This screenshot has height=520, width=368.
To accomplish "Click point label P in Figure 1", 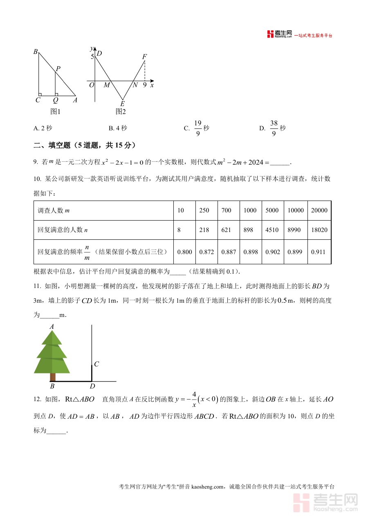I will (58, 69).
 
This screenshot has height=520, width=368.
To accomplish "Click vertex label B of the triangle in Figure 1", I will (36, 52).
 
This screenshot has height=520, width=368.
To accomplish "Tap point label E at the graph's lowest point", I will (122, 104).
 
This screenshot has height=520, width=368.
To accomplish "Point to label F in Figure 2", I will (144, 57).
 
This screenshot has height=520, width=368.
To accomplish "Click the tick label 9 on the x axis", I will (145, 85).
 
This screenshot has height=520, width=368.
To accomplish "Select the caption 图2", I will (120, 112).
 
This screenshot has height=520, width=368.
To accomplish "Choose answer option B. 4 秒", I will (118, 128).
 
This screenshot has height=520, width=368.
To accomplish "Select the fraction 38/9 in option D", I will (274, 128).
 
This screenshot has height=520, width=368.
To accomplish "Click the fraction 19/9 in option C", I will (198, 128).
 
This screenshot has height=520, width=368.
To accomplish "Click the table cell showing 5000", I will (272, 210).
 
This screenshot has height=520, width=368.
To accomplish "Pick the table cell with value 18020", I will (319, 230).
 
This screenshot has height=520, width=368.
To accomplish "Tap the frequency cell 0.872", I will (206, 252).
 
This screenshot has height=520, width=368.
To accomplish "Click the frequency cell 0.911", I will (318, 252).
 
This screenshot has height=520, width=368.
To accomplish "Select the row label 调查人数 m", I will (54, 210).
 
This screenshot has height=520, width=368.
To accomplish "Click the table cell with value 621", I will (226, 230).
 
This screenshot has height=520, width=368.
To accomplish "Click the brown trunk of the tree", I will (52, 377).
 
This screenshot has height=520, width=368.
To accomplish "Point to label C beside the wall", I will (96, 364).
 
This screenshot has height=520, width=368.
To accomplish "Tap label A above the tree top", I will (52, 326).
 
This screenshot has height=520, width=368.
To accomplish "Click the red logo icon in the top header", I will (270, 34).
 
